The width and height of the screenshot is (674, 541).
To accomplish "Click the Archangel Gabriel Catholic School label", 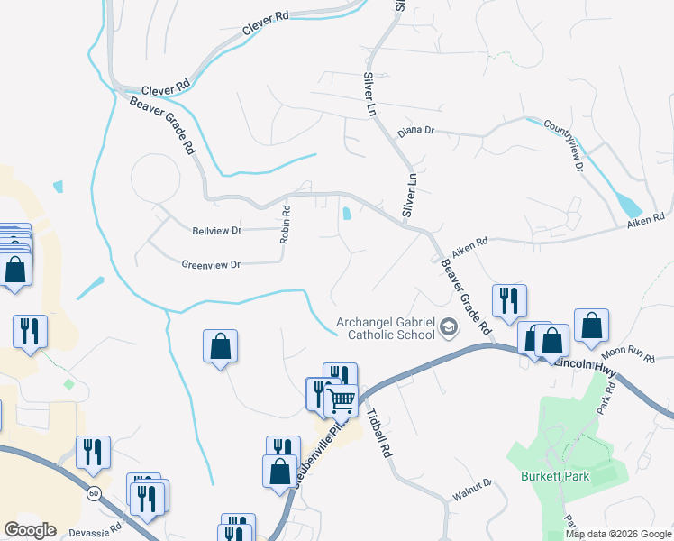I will pyautogui.click(x=384, y=329).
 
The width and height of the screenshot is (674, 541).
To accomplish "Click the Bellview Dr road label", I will pyautogui.click(x=217, y=231).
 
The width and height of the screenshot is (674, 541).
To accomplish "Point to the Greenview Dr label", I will pyautogui.click(x=211, y=265).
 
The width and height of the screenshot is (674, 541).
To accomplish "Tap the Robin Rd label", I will pyautogui.click(x=285, y=225).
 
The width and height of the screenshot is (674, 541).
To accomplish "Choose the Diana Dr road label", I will pyautogui.click(x=416, y=131).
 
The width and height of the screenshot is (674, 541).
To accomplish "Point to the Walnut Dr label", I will pyautogui.click(x=474, y=490).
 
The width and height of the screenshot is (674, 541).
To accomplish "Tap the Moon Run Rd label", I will pyautogui.click(x=627, y=354).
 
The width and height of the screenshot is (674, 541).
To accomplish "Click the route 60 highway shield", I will pyautogui.click(x=94, y=493).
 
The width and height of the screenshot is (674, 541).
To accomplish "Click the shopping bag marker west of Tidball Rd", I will pyautogui.click(x=220, y=345).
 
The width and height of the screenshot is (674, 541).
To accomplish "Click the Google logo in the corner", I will pyautogui.click(x=30, y=530).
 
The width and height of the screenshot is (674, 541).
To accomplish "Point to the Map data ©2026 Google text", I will pyautogui.click(x=618, y=534).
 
